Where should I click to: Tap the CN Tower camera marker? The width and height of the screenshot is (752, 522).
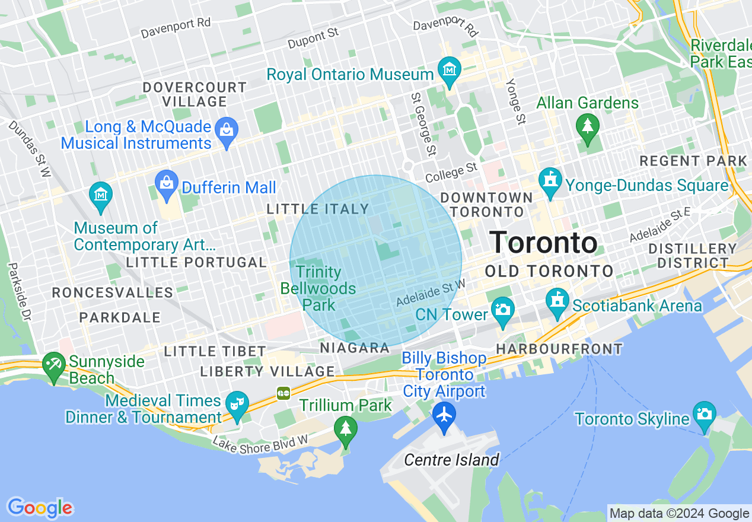[x=502, y=310]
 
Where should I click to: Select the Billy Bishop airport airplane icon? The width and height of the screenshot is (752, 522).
[x=444, y=414]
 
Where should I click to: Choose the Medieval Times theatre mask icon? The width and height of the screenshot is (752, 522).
[x=237, y=405]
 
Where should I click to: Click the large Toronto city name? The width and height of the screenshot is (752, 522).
[x=544, y=243]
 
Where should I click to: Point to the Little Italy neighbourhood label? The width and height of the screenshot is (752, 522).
[x=318, y=209]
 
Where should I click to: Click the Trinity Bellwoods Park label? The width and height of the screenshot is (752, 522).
[x=318, y=288]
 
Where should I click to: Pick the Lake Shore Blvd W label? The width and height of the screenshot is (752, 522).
[x=260, y=444]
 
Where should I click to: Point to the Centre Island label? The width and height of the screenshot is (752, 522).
[x=451, y=460]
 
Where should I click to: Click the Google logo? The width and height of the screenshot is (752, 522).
[x=40, y=508]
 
